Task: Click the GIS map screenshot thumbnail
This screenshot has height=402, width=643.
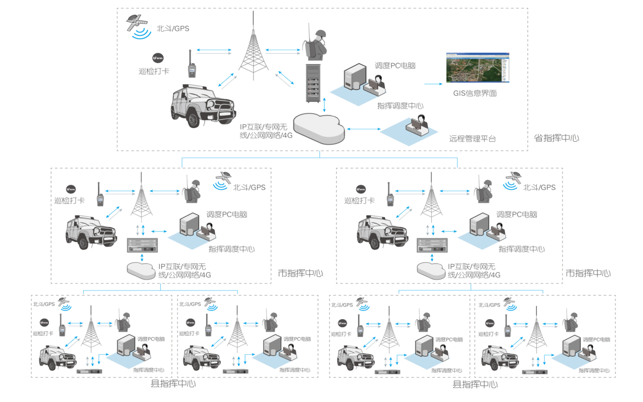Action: [x=478, y=67]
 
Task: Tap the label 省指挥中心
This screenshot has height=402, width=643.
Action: [x=556, y=138]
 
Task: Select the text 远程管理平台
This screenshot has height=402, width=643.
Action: [x=472, y=139]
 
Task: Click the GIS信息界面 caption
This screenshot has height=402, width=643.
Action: [x=475, y=93]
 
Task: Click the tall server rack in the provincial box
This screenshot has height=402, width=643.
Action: [x=313, y=83]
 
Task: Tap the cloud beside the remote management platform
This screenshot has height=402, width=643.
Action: [x=319, y=128]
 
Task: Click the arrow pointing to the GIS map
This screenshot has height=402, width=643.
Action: [x=433, y=84]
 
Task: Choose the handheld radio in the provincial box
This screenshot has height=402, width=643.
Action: [x=192, y=65]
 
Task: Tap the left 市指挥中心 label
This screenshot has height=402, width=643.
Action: [x=300, y=273]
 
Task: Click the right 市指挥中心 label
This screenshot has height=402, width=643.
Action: [x=588, y=273]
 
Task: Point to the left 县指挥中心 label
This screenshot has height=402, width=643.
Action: [x=173, y=384]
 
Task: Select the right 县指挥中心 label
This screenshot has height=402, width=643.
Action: [x=475, y=384]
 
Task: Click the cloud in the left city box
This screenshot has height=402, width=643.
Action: [x=141, y=271]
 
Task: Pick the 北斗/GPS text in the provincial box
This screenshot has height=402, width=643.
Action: [x=173, y=29]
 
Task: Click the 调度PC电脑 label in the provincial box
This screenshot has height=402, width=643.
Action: [x=395, y=66]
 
